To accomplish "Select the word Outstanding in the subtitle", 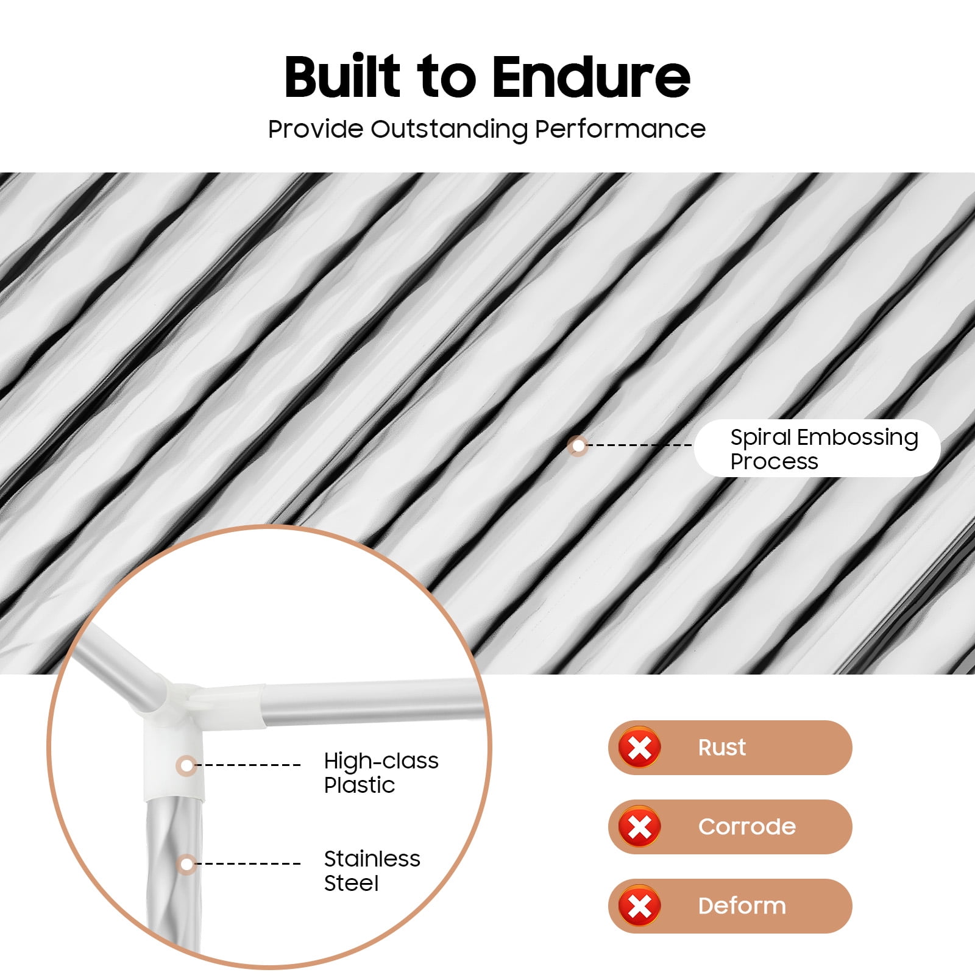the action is [449, 129].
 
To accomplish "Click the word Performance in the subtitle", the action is [620, 129].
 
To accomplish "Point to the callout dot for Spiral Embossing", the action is [578, 445].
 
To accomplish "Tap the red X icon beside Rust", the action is [639, 747].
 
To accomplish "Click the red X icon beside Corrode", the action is [639, 826].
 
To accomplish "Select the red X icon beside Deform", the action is [639, 906].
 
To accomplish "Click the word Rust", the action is [721, 747].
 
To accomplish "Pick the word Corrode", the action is [747, 826].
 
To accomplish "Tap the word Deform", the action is [742, 906].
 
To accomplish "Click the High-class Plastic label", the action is [381, 773].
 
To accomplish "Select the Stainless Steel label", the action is [372, 871].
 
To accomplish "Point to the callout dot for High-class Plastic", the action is [187, 765].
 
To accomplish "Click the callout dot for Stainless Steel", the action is [187, 863].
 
